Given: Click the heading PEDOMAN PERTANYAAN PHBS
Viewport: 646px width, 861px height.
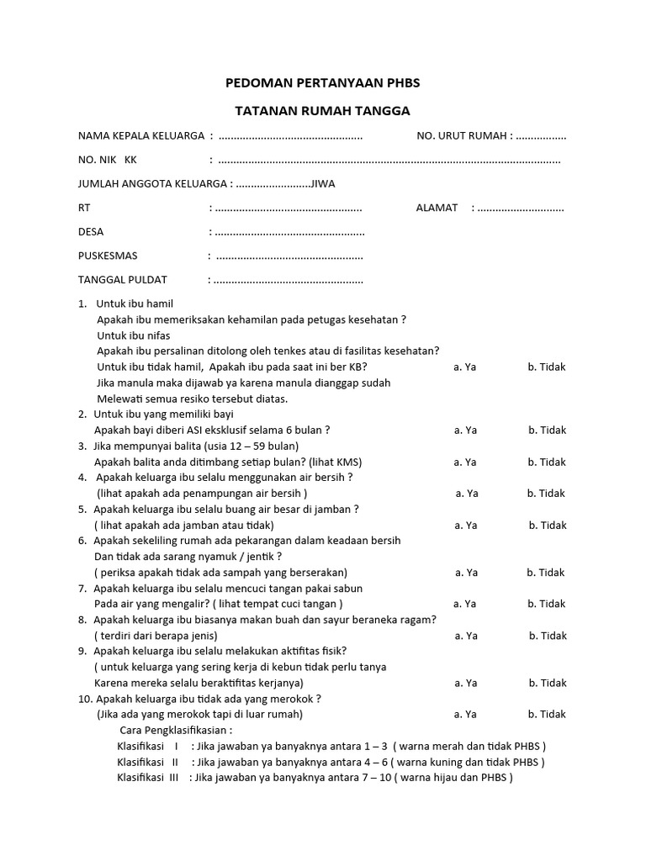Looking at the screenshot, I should [x=322, y=82].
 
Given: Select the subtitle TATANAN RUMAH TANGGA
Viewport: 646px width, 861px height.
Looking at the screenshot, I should [x=322, y=110].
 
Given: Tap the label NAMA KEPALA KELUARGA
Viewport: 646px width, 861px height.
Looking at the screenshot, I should [x=140, y=136].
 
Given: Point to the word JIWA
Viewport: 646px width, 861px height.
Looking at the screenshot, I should [x=327, y=183].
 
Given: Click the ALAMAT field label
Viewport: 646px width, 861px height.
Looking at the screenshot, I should [x=437, y=208].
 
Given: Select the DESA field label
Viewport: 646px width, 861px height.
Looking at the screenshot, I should [x=91, y=231].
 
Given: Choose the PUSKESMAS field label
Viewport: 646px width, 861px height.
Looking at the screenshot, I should [x=108, y=256].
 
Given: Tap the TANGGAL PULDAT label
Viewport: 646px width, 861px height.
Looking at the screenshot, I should [x=123, y=279].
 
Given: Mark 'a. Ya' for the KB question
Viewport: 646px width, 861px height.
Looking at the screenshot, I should [x=465, y=367].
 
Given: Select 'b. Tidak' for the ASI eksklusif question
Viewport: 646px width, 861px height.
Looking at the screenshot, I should [x=547, y=430].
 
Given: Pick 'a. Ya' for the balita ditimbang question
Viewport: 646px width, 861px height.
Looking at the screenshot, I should [x=465, y=462].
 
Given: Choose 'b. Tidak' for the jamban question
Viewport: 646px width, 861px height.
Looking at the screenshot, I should [x=547, y=525].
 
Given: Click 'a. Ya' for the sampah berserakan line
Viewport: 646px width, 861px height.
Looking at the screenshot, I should [x=466, y=573].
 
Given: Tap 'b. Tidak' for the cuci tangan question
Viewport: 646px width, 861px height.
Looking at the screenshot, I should [x=547, y=604].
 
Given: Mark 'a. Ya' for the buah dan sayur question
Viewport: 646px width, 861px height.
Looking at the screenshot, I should [x=466, y=636].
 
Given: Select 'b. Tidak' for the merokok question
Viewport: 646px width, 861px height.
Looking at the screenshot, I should [x=547, y=714].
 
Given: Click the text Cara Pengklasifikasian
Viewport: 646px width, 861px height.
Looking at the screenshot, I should [x=177, y=730].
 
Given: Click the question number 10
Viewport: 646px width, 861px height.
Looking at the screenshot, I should [x=84, y=699].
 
